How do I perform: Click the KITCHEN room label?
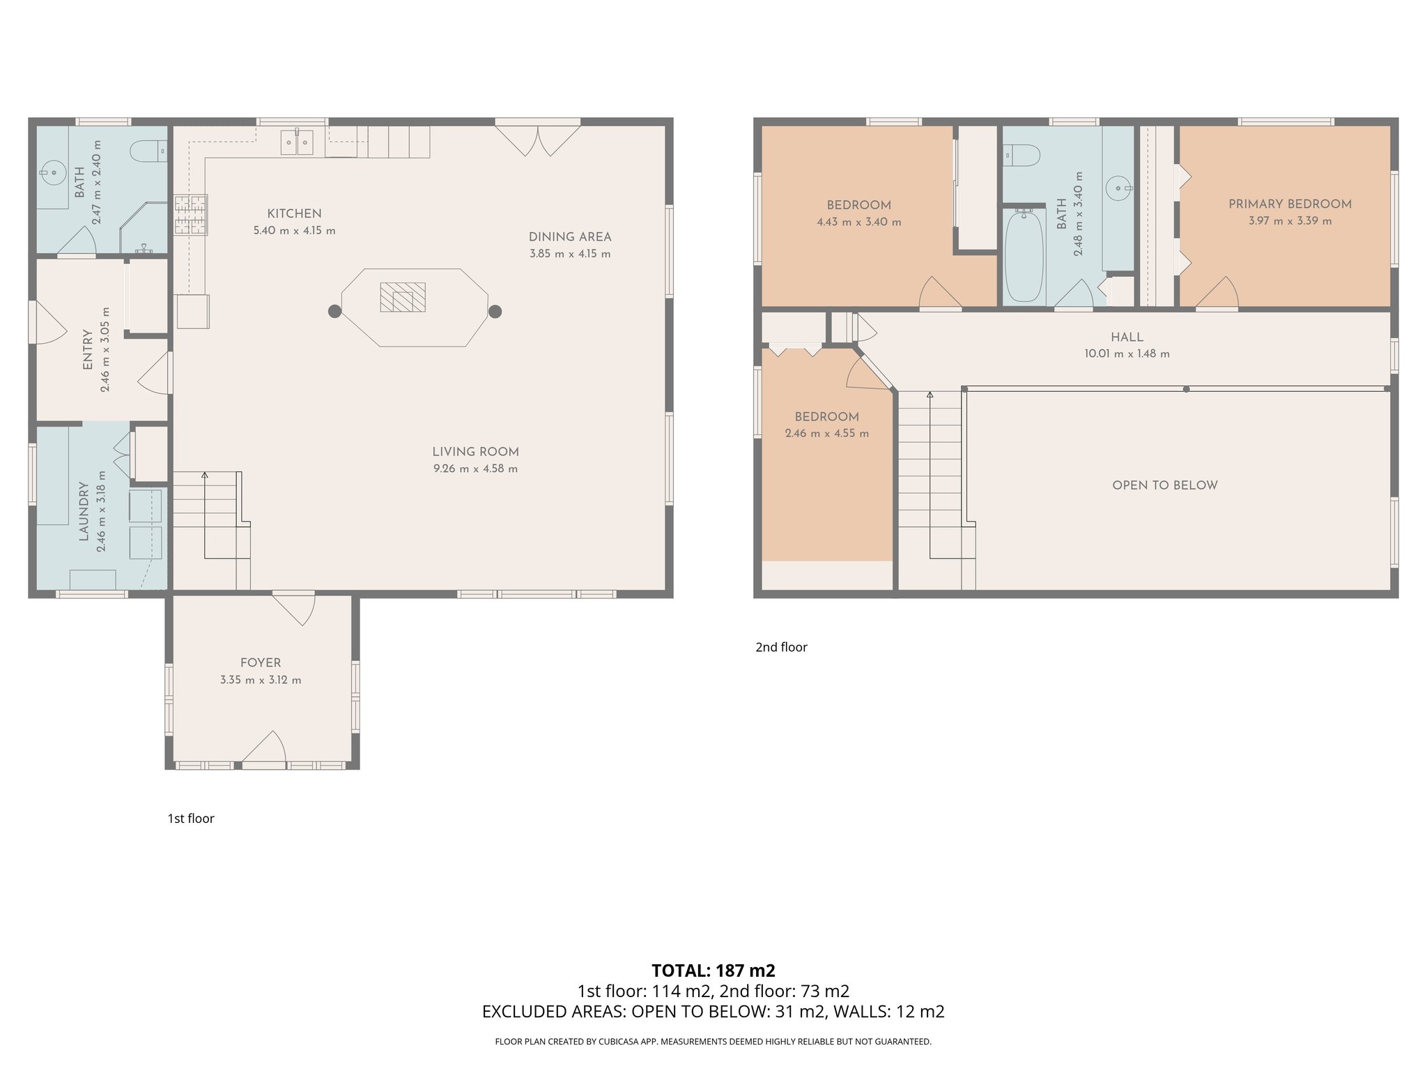294,213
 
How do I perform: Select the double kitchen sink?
298,142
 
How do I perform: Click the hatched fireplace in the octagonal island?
402,297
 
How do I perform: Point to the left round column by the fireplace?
334,311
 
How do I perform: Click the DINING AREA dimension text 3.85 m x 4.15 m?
569,254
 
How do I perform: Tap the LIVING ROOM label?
475,452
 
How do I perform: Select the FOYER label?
261,662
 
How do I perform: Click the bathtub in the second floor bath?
1024,256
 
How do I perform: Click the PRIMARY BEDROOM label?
1290,204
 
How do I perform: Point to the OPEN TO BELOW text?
1164,485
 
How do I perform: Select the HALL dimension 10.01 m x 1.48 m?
1127,354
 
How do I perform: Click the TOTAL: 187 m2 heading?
713,970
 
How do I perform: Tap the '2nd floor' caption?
781,647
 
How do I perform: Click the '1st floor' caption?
190,819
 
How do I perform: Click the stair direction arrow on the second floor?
930,395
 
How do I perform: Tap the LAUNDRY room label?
84,511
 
